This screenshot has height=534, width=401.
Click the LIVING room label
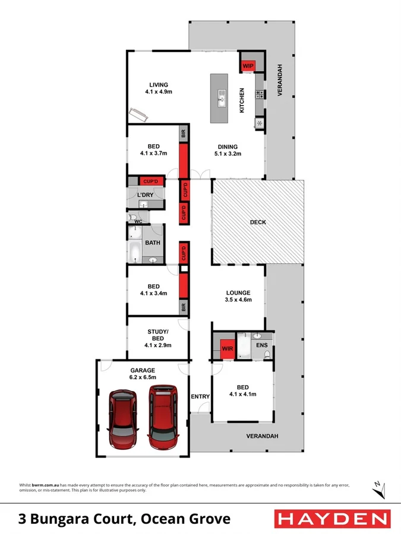click(x=158, y=84)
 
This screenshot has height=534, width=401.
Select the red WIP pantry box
click(x=247, y=65)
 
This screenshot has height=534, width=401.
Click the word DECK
click(x=258, y=223)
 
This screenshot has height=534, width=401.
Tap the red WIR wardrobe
click(x=226, y=348)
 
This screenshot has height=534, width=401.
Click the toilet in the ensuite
click(x=268, y=354)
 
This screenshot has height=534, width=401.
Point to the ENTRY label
click(x=199, y=396)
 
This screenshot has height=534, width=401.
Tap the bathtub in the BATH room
click(x=134, y=253)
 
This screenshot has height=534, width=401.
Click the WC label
click(x=138, y=221)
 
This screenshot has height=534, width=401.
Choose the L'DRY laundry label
click(x=146, y=195)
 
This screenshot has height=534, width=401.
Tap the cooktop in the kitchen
click(x=260, y=94)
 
